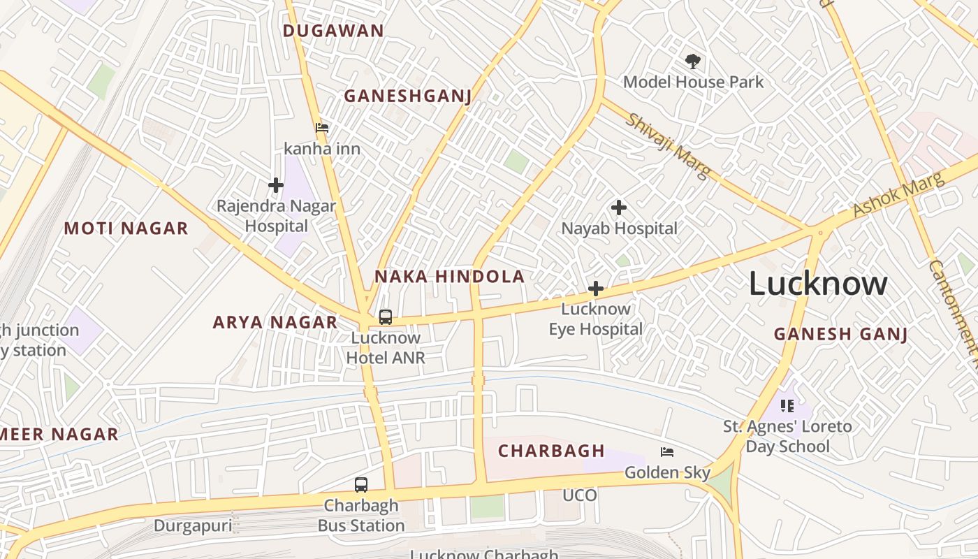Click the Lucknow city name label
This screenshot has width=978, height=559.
818,284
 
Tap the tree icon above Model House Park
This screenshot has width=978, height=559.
692,61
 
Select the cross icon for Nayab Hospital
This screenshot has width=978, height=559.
619,208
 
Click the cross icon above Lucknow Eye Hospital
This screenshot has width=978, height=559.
596,289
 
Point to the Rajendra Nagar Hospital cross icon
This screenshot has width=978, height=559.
276,185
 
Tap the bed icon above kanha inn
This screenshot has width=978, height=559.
322,128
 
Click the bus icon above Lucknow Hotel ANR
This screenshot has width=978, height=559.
386,317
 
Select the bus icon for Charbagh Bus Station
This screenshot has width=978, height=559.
361,485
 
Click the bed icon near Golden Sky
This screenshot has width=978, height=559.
667,452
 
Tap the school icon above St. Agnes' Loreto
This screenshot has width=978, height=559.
787,406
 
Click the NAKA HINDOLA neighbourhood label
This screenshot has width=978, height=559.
449,277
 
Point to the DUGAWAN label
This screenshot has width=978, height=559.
333,31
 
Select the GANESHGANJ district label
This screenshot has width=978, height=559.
408,96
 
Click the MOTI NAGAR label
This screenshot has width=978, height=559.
126,228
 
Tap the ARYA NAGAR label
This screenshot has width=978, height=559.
275,322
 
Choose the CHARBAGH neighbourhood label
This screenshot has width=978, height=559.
551,451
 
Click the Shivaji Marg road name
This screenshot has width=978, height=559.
668,145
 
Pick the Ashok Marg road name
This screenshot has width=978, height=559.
898,195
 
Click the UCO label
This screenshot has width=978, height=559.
580,495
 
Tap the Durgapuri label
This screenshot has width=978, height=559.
192,525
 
